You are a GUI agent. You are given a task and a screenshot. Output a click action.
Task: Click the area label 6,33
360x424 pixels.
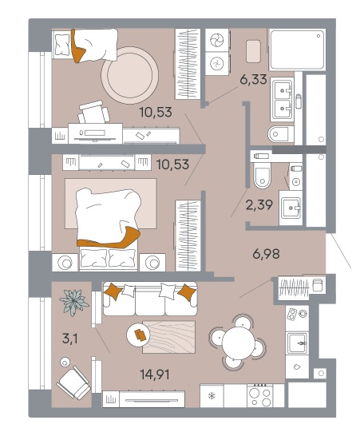point(253,80)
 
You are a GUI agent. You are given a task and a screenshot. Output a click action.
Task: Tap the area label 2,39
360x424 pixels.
point(259,205)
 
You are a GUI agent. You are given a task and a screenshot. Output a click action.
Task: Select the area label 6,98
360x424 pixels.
point(267,254)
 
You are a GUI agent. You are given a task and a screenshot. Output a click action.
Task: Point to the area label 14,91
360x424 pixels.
point(155,374)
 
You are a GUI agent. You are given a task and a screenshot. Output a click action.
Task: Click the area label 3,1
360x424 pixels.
point(70,339)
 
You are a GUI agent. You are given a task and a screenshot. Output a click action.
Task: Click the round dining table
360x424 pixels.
point(238,343)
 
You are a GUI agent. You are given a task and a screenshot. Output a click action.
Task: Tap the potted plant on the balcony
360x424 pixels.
point(74,302)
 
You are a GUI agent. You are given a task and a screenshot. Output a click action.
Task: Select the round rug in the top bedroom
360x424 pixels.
point(130,75)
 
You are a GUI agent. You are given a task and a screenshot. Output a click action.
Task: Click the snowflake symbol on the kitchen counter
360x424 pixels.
point(212,396)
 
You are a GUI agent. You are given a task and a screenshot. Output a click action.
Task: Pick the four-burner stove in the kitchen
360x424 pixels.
point(259,395)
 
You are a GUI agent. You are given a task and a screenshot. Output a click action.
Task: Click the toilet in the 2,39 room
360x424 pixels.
point(262,175)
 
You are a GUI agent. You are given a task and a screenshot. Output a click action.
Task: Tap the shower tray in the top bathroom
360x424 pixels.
point(297,50)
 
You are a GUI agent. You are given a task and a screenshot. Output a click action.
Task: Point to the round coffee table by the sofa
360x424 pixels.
point(138,335)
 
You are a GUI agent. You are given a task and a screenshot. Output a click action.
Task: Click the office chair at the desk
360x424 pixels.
point(93,112)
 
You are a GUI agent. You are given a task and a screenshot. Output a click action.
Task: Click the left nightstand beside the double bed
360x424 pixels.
point(65,263)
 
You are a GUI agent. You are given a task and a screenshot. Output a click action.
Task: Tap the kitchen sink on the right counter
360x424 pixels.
point(297,343)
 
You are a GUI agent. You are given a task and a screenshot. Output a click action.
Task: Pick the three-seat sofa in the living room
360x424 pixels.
point(150,299)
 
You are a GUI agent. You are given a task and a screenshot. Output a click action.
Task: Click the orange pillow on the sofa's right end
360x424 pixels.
point(187,292)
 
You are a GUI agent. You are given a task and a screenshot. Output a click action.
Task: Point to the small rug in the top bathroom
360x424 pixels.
point(253,51)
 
